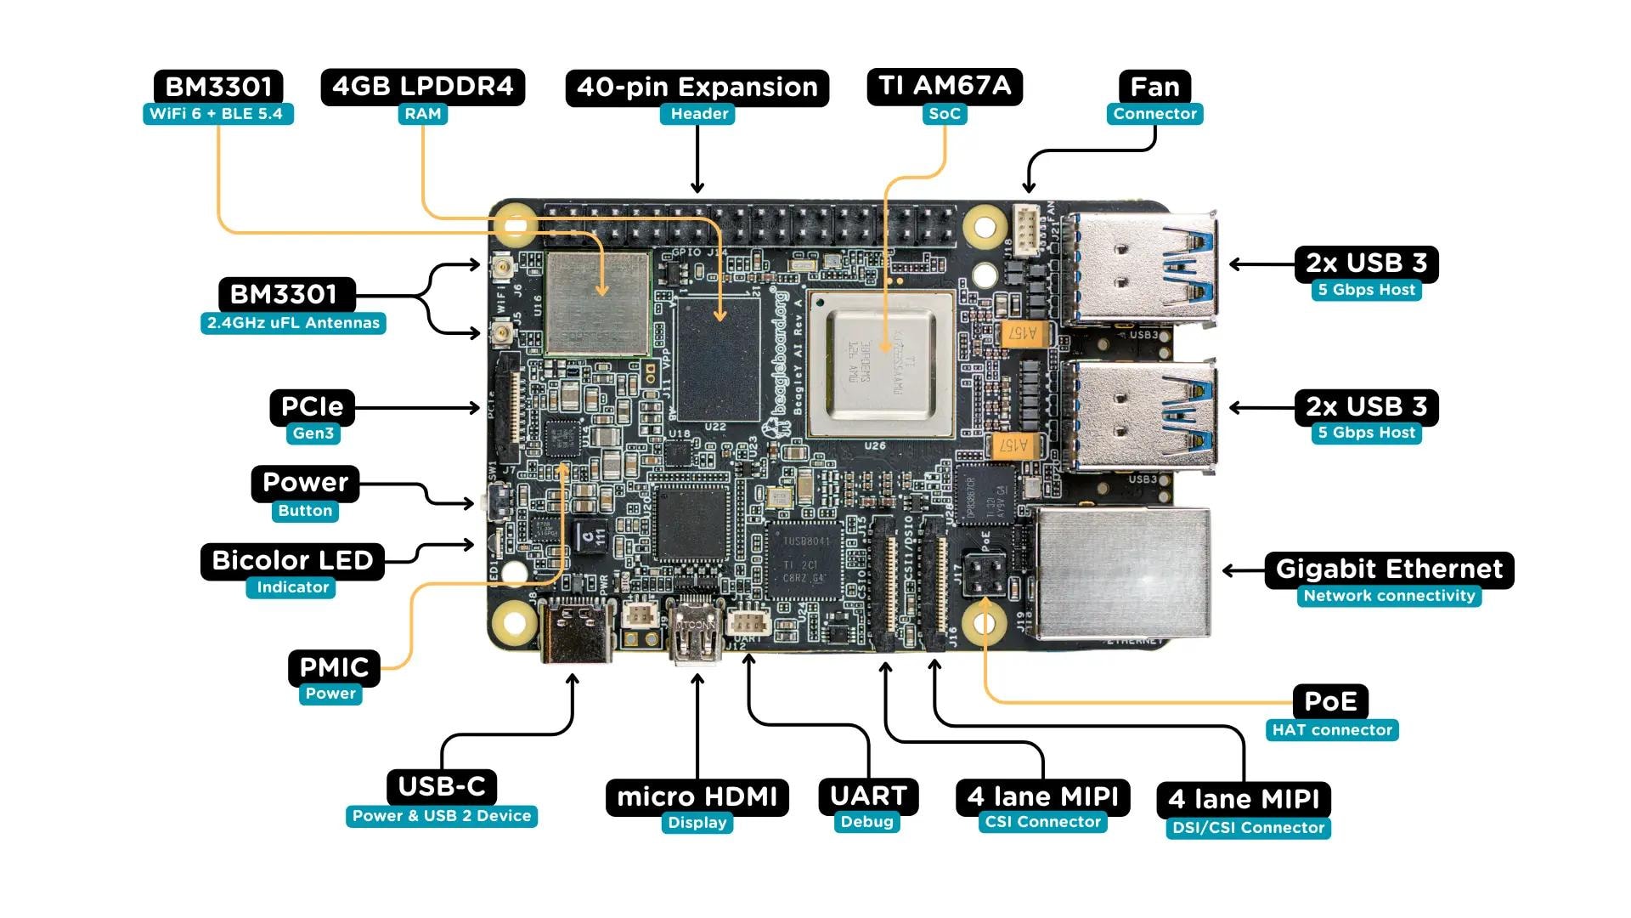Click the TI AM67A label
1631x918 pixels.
pos(944,87)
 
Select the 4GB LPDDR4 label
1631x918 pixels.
pos(422,87)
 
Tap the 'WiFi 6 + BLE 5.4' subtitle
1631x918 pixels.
pos(217,114)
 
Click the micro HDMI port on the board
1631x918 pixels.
pos(696,633)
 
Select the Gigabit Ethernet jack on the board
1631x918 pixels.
pos(1122,573)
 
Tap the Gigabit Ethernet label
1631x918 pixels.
pos(1389,569)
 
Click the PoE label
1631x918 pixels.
pos(1329,702)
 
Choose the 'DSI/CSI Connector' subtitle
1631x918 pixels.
pos(1248,828)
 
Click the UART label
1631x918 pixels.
pos(868,796)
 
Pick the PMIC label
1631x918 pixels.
pos(334,667)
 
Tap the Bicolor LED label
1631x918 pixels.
pos(292,561)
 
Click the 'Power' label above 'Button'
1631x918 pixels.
pos(305,483)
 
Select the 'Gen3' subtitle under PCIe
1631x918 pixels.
pos(313,433)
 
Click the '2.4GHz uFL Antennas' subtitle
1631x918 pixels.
pos(293,323)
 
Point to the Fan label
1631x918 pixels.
pos(1154,87)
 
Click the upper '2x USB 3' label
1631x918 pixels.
pos(1366,263)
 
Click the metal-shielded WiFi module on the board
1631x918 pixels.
pos(598,303)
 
